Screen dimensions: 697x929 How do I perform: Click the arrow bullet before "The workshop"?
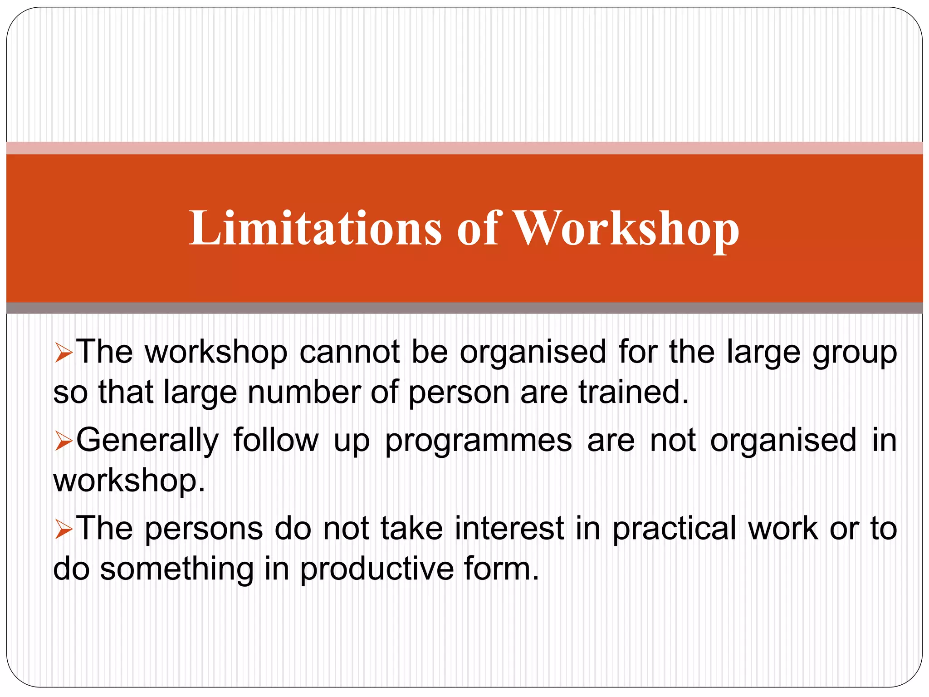[64, 353]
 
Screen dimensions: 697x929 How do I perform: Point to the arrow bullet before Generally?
[64, 442]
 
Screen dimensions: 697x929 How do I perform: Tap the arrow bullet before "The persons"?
[64, 530]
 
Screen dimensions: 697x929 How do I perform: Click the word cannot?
[349, 352]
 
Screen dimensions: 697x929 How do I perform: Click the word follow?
[276, 440]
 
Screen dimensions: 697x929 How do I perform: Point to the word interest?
[510, 529]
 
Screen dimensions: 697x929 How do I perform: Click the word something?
[177, 569]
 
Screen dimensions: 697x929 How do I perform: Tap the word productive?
[377, 569]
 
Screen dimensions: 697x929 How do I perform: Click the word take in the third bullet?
[411, 529]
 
